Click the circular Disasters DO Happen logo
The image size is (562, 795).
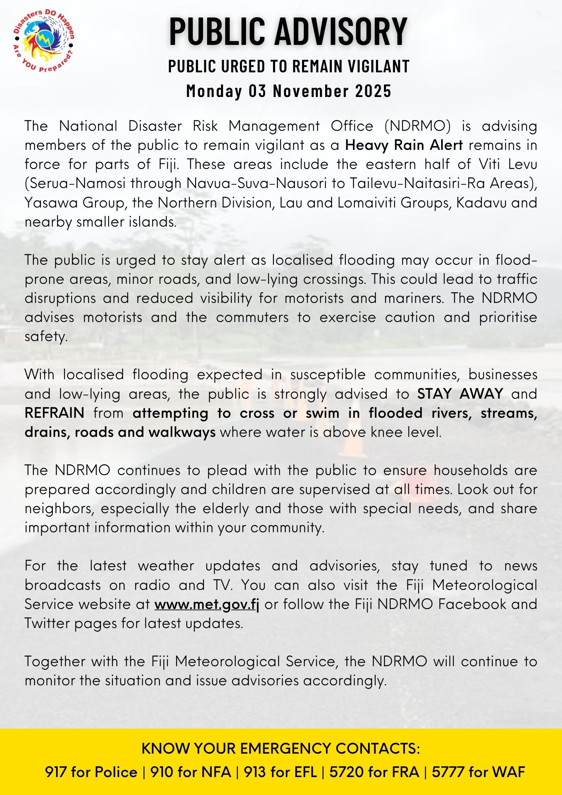coord(44,42)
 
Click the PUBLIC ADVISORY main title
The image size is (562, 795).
coord(288,31)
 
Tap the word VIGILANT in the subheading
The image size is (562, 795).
coord(378,66)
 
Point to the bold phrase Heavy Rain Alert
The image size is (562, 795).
coord(404,145)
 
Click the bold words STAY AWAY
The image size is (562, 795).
coord(460,394)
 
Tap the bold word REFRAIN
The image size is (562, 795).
coord(54,413)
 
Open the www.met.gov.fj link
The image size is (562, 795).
coord(207,604)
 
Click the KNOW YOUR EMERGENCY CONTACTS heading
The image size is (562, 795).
coord(281,748)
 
